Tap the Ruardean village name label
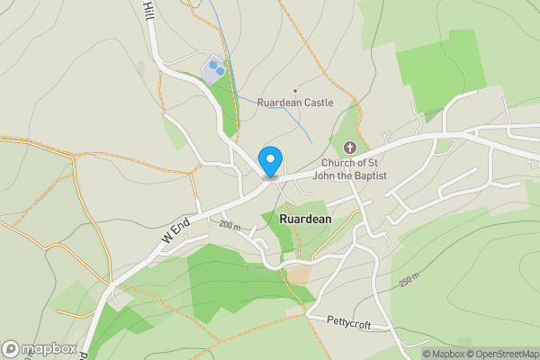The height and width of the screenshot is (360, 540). click(x=305, y=219)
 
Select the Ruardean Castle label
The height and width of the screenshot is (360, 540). click(x=295, y=103)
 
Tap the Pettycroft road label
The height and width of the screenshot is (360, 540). click(x=349, y=319)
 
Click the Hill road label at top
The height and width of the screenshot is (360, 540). click(x=148, y=11)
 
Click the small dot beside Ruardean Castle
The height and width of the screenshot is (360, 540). click(x=294, y=90)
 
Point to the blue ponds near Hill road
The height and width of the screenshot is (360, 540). click(x=216, y=67)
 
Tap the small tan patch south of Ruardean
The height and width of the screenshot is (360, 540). click(x=299, y=274)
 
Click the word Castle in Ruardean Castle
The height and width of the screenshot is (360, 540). click(x=318, y=103)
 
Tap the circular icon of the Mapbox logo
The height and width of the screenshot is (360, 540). click(x=12, y=348)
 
